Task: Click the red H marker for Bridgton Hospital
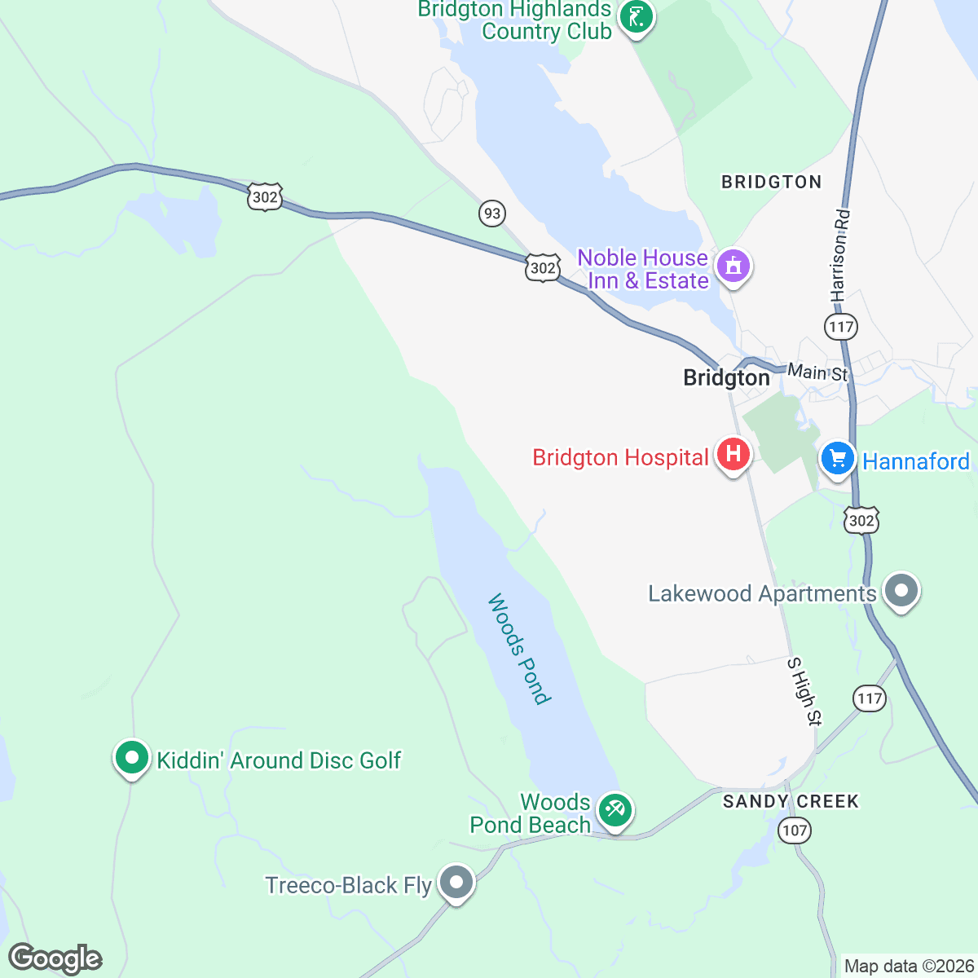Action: point(733,454)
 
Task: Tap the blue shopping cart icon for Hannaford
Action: point(836,458)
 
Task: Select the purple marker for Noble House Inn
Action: point(733,266)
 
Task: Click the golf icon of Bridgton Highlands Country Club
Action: point(636,16)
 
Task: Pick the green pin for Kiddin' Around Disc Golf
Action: point(131,757)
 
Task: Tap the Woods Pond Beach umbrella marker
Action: point(615,811)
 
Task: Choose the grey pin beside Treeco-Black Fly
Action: point(456,883)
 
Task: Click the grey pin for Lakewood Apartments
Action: point(901,591)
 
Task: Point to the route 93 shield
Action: point(491,214)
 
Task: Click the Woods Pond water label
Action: point(519,649)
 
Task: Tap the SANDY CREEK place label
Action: point(791,801)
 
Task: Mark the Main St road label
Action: point(818,372)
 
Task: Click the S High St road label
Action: point(804,690)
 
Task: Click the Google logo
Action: point(55,958)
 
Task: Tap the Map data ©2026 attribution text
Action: point(908,967)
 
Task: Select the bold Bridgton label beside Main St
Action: point(726,377)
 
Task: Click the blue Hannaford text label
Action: point(916,461)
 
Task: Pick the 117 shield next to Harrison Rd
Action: point(840,327)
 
